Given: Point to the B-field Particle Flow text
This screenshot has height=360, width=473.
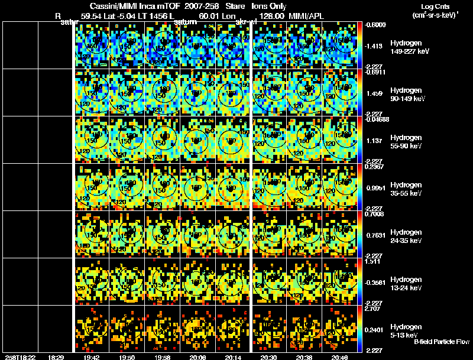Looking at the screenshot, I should point(442,342).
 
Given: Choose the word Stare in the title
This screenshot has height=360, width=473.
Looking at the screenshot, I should point(236,5).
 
